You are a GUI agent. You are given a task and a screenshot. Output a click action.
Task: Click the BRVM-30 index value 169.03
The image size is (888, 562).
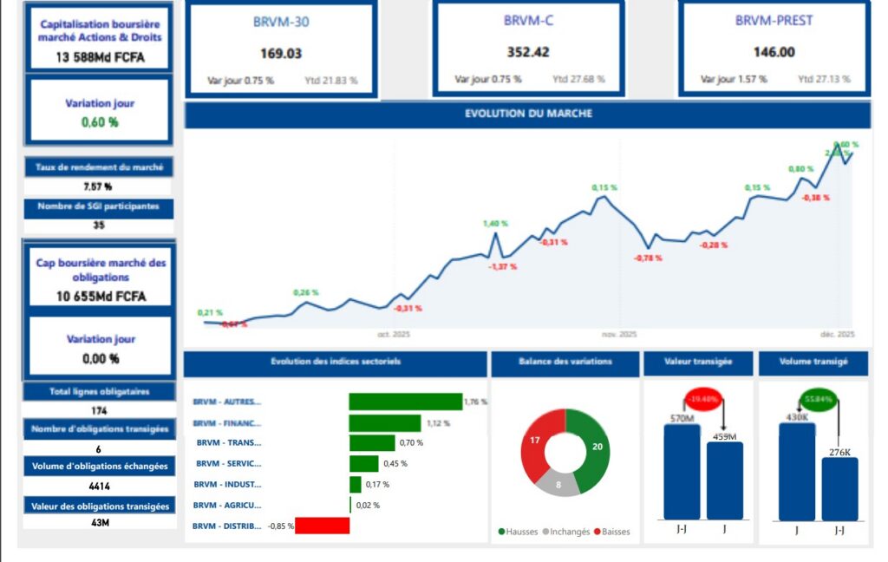click(x=281, y=53)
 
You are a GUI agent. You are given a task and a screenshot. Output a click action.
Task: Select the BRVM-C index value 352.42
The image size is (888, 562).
click(x=527, y=52)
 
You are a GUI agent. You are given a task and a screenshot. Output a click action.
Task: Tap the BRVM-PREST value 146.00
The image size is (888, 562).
click(x=774, y=52)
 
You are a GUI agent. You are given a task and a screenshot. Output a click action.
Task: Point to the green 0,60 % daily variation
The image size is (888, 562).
click(x=100, y=122)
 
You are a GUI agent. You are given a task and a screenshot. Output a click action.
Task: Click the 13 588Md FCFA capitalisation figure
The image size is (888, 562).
click(x=100, y=57)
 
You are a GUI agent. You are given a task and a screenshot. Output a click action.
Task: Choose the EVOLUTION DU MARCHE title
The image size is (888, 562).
click(x=528, y=114)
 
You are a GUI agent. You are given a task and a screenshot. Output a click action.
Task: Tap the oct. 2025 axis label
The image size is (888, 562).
click(x=394, y=334)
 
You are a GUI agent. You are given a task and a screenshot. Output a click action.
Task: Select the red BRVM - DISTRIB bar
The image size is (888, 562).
click(x=322, y=526)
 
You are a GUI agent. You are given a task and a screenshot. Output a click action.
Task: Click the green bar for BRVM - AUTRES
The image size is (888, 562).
click(x=405, y=402)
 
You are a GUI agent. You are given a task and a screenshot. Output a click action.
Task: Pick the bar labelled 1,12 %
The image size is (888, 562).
click(x=385, y=422)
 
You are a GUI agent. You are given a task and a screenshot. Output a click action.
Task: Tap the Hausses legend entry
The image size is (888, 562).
click(x=518, y=532)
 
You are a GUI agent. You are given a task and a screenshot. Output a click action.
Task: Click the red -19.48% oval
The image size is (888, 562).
click(x=702, y=400)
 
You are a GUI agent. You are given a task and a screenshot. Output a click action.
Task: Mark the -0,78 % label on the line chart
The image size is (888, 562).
click(x=648, y=258)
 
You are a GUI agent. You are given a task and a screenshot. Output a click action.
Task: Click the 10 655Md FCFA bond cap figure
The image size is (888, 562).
click(x=100, y=297)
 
